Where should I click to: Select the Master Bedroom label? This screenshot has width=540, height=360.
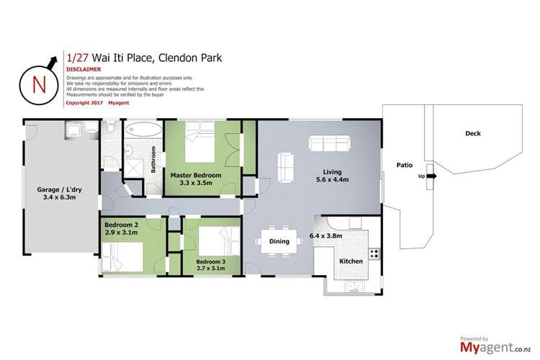pos(196,175)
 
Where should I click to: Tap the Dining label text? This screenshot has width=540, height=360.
pos(279,241)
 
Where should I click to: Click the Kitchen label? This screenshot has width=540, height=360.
pos(351,261)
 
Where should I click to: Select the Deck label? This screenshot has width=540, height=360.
pos(472,134)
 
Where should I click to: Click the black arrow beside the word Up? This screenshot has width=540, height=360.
pos(430,174)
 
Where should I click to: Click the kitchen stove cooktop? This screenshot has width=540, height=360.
pos(374,253)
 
